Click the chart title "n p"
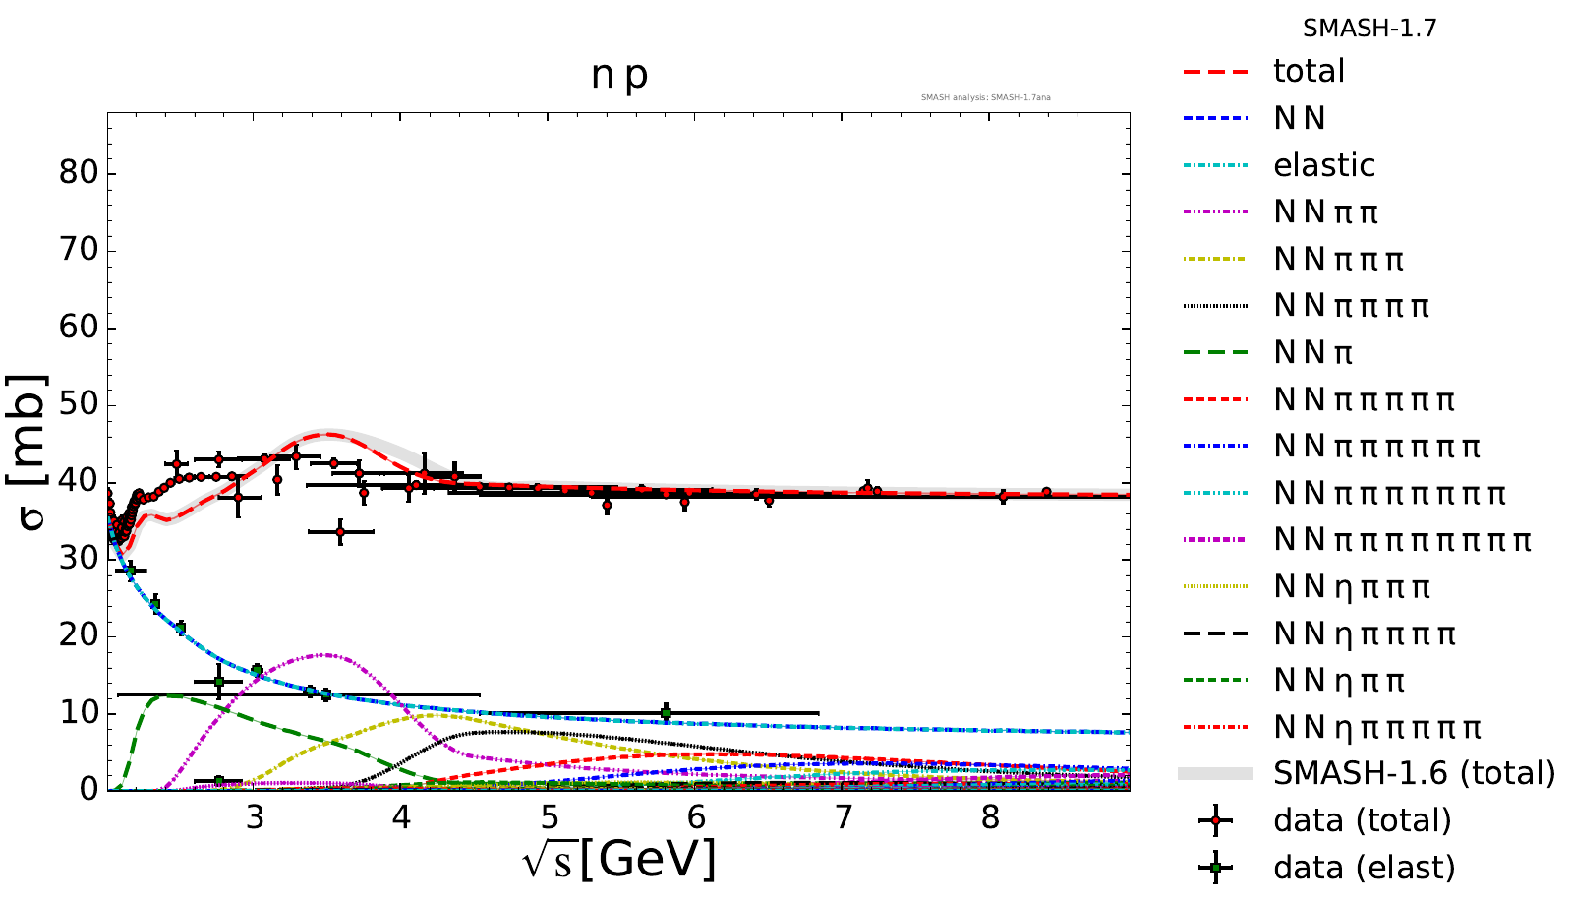tap(619, 75)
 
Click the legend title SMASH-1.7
tap(1369, 29)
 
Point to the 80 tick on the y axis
tap(79, 173)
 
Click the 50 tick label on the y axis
tap(79, 404)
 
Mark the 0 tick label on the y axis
tap(89, 789)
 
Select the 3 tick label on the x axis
tap(255, 817)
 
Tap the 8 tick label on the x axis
tap(990, 817)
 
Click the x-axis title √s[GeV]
tap(619, 860)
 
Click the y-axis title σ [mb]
tap(31, 452)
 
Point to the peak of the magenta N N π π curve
tap(324, 654)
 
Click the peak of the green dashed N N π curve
tap(169, 694)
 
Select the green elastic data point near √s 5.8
tap(666, 712)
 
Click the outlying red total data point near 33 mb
tap(340, 531)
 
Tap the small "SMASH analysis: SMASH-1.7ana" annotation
tap(985, 97)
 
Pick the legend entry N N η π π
tap(1339, 681)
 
